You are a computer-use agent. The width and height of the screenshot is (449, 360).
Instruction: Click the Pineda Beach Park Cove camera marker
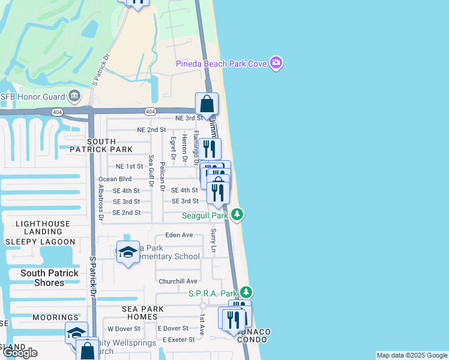click(276, 63)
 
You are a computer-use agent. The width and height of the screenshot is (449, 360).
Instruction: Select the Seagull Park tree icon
click(238, 214)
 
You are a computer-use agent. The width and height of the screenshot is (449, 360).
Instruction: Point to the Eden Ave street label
click(179, 235)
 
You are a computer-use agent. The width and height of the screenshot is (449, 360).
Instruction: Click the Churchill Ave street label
click(178, 281)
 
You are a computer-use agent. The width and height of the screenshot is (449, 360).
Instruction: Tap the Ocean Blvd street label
click(115, 179)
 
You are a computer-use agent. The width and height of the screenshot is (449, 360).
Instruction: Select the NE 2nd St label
click(151, 130)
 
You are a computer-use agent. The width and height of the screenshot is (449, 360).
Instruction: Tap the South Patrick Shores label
click(49, 278)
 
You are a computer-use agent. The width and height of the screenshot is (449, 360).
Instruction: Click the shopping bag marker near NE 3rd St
click(206, 103)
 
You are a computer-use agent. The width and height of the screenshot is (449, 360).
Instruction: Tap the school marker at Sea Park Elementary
click(128, 253)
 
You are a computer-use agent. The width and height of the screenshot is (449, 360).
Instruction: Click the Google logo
click(20, 353)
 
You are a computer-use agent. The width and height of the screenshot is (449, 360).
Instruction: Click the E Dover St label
click(173, 328)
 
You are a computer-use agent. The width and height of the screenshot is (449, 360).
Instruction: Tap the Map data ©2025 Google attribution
click(412, 355)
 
